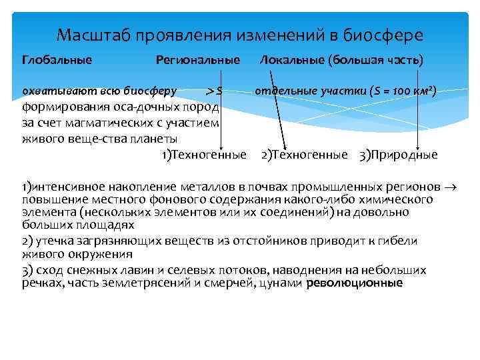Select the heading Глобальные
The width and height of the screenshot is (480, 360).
point(57,60)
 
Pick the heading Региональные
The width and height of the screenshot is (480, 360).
point(197,60)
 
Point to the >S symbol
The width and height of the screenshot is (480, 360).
point(213,91)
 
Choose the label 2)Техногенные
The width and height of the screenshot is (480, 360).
point(304,155)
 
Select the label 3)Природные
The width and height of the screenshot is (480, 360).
point(398,155)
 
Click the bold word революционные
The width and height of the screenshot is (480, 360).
point(355,283)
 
